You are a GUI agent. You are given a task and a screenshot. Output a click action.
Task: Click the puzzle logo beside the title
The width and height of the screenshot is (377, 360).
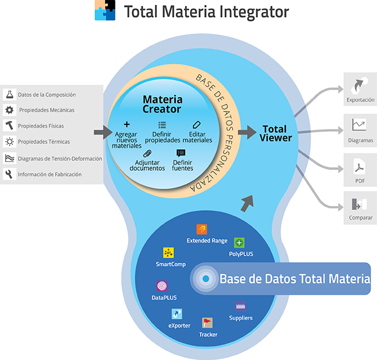pyautogui.click(x=105, y=11)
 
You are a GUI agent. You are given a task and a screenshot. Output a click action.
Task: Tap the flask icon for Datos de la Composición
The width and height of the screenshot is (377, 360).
pyautogui.click(x=9, y=94)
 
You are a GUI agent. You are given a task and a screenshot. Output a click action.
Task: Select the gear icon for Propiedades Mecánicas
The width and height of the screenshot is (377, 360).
pyautogui.click(x=9, y=110)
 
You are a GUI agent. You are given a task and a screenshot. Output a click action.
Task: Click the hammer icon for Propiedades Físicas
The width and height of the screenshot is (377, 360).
pyautogui.click(x=9, y=125)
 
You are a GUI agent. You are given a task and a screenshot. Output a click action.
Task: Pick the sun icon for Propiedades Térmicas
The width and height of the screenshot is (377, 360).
pyautogui.click(x=9, y=142)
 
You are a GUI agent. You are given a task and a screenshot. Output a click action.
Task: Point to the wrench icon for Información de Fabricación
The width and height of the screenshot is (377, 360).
pyautogui.click(x=9, y=174)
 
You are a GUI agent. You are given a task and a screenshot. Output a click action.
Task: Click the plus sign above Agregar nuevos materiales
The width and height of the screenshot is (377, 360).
pyautogui.click(x=127, y=124)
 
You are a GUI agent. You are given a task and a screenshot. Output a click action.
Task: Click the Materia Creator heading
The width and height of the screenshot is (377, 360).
pyautogui.click(x=162, y=105)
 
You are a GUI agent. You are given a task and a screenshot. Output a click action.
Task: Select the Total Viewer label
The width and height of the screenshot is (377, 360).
pyautogui.click(x=276, y=133)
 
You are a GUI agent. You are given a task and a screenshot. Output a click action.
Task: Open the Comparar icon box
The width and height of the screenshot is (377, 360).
pyautogui.click(x=360, y=204)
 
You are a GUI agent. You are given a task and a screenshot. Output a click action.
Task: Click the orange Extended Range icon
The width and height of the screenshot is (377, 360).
pyautogui.click(x=201, y=229)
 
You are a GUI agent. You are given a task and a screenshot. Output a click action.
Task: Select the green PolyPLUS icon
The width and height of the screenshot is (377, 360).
pyautogui.click(x=240, y=243)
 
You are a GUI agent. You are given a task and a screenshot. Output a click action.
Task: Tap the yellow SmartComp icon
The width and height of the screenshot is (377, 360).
pyautogui.click(x=168, y=253)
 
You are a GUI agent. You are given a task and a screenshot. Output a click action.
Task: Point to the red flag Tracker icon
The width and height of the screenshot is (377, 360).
pyautogui.click(x=207, y=323)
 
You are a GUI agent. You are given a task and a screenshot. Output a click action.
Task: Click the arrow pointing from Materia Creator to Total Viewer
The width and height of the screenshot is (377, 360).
pyautogui.click(x=247, y=132)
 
